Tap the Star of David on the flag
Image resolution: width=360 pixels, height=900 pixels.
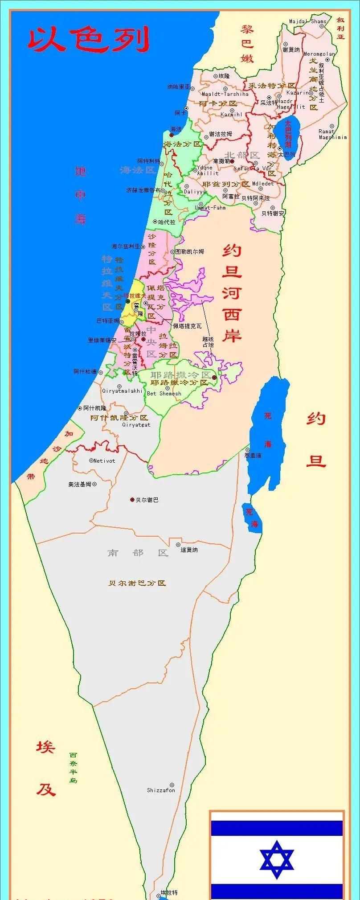coord(277,859)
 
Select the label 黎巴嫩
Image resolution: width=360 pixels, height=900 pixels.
coord(247,43)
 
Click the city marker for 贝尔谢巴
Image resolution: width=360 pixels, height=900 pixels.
coord(132,500)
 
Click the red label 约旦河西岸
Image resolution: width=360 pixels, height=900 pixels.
coord(232,293)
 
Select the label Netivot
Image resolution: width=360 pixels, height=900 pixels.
coord(104,460)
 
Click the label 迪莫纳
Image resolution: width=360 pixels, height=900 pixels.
coord(189,550)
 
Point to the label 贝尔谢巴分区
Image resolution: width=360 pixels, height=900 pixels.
coord(137,583)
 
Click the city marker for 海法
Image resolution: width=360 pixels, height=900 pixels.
coord(172,135)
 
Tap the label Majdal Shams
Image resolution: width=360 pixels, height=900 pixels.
coord(307,21)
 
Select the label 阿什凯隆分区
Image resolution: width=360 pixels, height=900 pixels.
coord(119,418)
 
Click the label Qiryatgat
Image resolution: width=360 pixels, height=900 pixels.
coord(136,425)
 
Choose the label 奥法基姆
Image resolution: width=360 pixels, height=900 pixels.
coord(80,484)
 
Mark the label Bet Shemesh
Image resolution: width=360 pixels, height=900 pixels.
coord(164,394)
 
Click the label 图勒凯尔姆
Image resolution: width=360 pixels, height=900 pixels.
coord(189,251)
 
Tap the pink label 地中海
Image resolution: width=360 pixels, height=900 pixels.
coord(80,195)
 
